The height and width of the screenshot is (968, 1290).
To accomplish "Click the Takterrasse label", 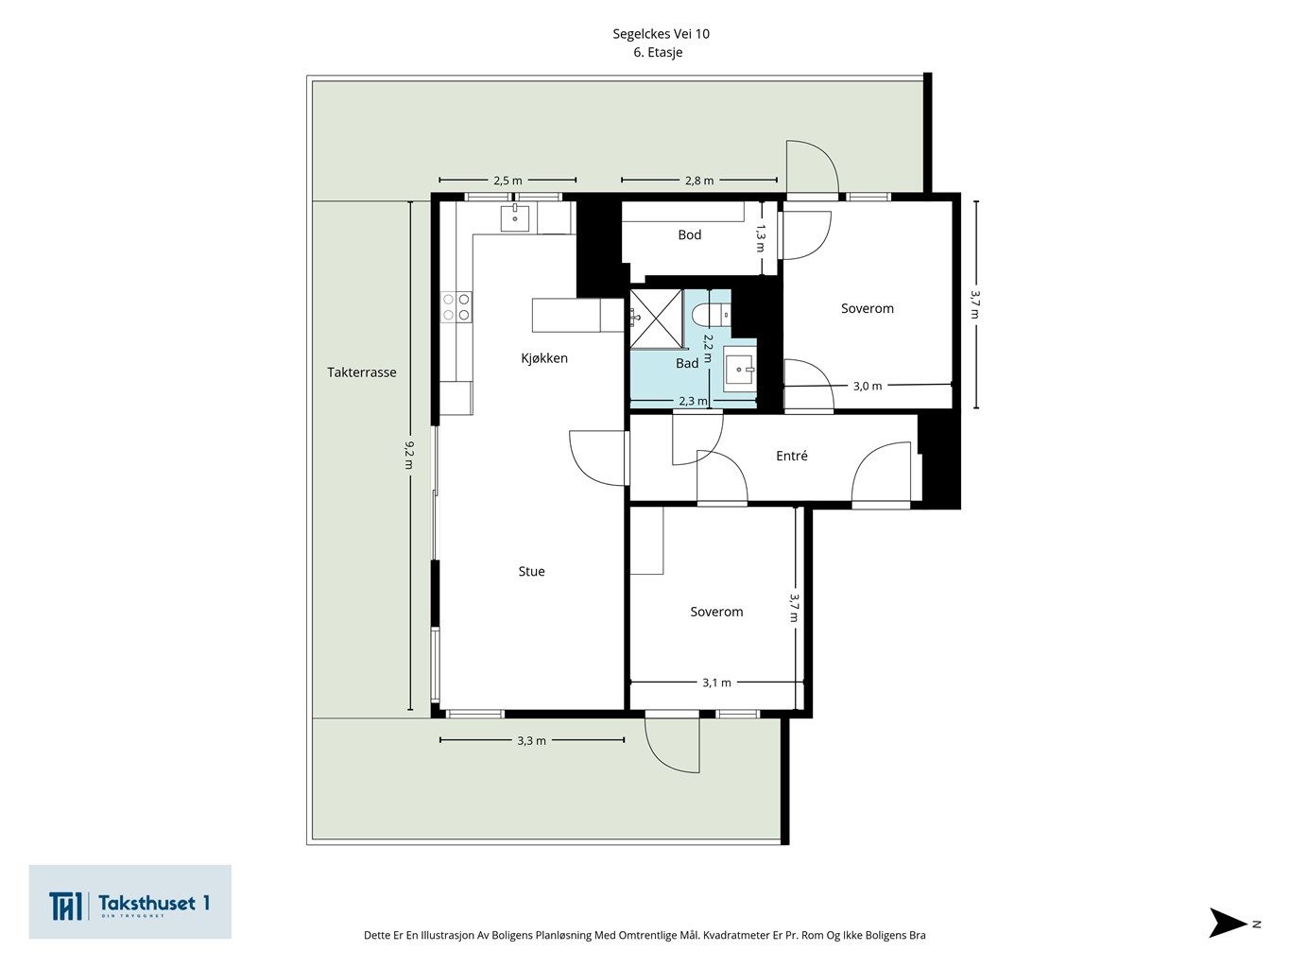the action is [x=361, y=372].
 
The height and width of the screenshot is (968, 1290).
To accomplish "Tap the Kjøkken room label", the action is [x=544, y=358].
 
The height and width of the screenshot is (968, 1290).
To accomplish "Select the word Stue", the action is [x=531, y=571].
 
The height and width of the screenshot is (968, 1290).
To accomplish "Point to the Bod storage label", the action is [x=689, y=234].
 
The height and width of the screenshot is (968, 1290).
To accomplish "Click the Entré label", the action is [x=792, y=456].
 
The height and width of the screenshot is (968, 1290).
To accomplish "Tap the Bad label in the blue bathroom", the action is [x=687, y=363].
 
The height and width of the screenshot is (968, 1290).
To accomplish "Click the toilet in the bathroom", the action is [x=711, y=315].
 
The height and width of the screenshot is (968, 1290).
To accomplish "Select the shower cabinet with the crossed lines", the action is [x=657, y=318].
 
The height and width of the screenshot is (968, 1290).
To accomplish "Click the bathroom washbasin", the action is [x=739, y=369].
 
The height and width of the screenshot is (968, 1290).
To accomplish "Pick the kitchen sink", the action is [x=515, y=218].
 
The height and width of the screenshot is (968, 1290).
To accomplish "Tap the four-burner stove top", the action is [x=456, y=307].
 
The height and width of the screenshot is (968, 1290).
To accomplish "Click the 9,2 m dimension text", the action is [x=409, y=456].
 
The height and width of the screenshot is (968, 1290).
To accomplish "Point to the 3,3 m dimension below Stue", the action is [x=531, y=740].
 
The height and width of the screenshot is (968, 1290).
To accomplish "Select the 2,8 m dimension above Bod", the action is [x=699, y=181].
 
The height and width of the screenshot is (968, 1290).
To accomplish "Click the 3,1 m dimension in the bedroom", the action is [x=716, y=683].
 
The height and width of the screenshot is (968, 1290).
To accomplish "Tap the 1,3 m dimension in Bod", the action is [x=761, y=238].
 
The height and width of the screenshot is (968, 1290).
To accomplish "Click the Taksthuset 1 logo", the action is [x=129, y=902].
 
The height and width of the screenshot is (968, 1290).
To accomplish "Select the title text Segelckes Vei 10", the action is [x=662, y=33].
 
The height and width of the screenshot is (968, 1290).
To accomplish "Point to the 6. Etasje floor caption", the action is [x=658, y=52].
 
